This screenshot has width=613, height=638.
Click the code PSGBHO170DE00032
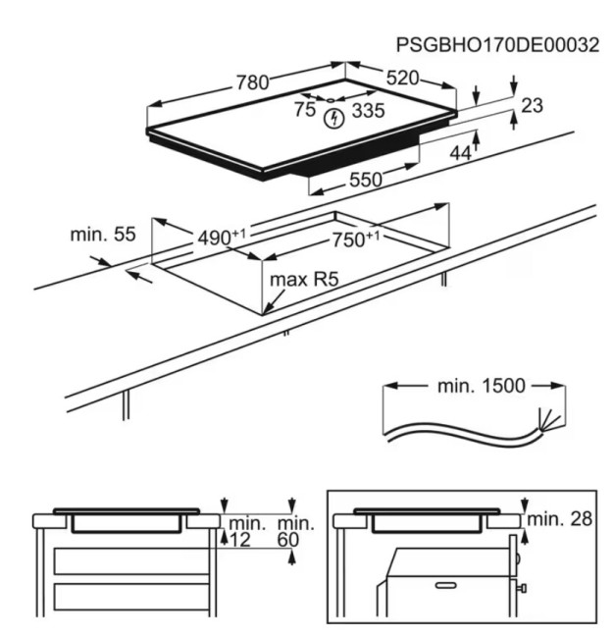point(497,45)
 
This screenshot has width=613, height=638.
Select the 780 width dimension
point(251,83)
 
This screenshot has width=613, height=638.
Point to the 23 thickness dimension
point(532,105)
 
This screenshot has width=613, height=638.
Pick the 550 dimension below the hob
point(365,180)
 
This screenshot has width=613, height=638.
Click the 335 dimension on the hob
point(367,111)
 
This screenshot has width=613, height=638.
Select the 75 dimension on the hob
point(305,110)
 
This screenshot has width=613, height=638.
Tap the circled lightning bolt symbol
point(335,120)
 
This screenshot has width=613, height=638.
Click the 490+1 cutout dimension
point(221,238)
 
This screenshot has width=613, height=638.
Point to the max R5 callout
point(304,280)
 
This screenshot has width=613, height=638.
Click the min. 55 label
point(103,235)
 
